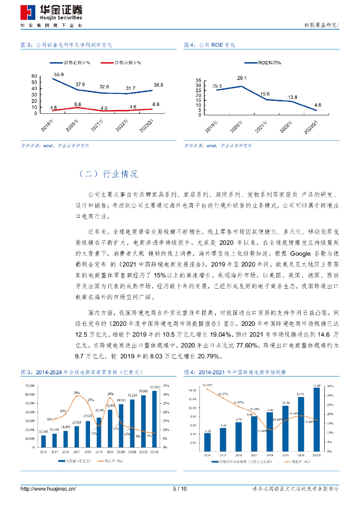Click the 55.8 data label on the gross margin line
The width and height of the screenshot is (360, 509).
click(x=59, y=74)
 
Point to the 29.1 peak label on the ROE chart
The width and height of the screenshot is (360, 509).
click(x=242, y=79)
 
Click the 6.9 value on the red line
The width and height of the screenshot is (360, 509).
click(x=155, y=104)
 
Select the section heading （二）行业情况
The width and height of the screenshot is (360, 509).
click(x=108, y=174)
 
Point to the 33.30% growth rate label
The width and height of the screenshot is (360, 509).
click(x=207, y=385)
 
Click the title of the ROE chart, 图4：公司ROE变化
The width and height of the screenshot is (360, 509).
click(x=209, y=45)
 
